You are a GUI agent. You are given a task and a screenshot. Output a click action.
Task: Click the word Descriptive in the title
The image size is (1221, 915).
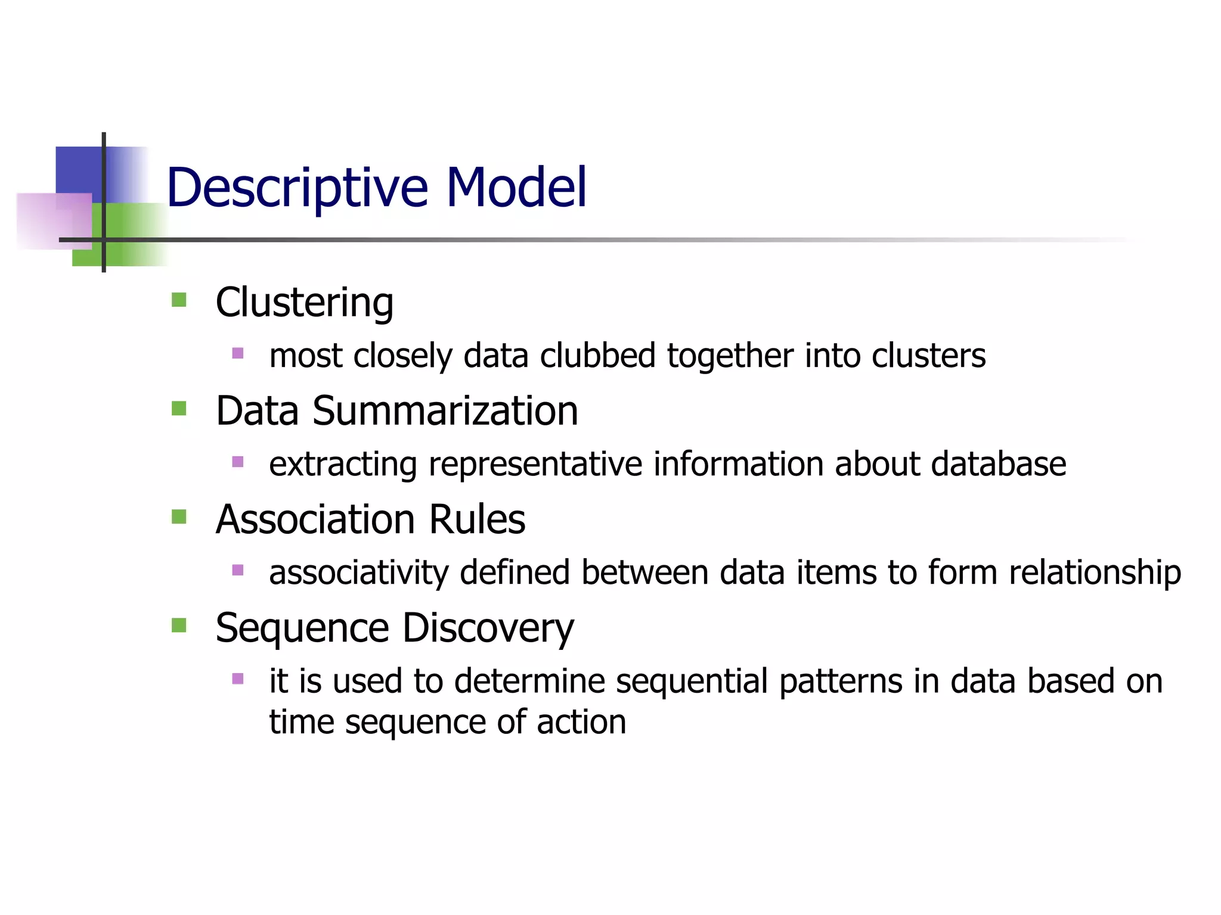tap(297, 188)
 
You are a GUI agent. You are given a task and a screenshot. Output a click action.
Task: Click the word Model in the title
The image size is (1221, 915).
tap(516, 188)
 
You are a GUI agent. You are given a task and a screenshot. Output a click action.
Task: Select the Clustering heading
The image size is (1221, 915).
tap(304, 303)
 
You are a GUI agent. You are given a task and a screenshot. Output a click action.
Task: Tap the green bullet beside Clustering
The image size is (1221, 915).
tap(179, 299)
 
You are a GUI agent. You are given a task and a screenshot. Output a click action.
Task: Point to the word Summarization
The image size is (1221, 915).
tap(445, 411)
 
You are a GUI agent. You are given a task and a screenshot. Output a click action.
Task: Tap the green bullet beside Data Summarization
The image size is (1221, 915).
tap(179, 408)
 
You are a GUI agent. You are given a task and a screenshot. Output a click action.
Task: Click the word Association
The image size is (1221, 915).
tap(315, 519)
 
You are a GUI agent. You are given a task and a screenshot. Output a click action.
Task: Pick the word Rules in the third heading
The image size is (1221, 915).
tap(477, 519)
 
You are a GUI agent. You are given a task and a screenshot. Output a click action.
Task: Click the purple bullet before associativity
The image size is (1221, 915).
tap(238, 570)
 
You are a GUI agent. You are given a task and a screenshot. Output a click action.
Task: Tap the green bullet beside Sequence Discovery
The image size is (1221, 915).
tap(179, 625)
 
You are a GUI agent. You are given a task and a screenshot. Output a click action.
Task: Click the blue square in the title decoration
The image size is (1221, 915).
tap(78, 170)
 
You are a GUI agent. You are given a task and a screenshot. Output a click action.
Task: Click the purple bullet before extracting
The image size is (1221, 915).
tap(238, 462)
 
